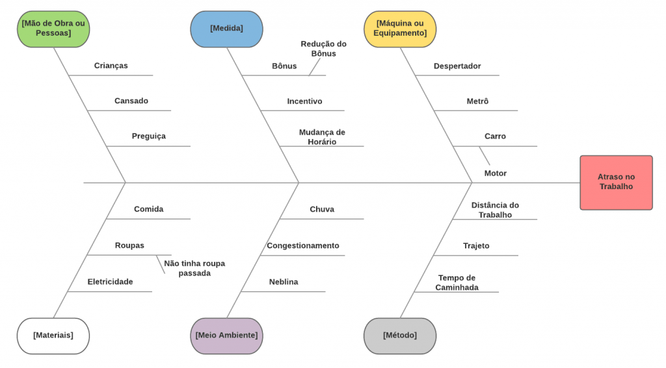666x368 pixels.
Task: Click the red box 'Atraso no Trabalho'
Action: [616, 182]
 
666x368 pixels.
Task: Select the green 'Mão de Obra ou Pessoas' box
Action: [53, 29]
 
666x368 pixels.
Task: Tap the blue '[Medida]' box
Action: [226, 29]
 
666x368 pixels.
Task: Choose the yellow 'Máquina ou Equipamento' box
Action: [400, 29]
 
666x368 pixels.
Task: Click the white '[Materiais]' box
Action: [53, 335]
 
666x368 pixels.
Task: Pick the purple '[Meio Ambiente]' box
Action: [226, 335]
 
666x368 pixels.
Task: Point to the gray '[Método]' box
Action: [400, 335]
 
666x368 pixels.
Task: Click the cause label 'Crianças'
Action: [111, 66]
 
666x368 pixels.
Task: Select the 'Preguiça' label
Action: [148, 137]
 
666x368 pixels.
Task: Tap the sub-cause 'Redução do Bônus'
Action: [323, 49]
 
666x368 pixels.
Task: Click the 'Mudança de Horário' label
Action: [322, 137]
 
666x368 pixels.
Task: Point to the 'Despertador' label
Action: [457, 66]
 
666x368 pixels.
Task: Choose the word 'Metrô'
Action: [477, 101]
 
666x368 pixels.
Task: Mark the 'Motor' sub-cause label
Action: [496, 174]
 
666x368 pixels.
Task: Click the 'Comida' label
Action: [148, 209]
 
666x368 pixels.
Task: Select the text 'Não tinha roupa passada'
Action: [194, 269]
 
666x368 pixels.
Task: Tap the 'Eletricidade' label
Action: [110, 282]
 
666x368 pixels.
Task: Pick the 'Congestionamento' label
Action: [302, 246]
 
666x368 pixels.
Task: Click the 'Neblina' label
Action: [284, 282]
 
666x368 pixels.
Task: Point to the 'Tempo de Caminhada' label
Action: [457, 283]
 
